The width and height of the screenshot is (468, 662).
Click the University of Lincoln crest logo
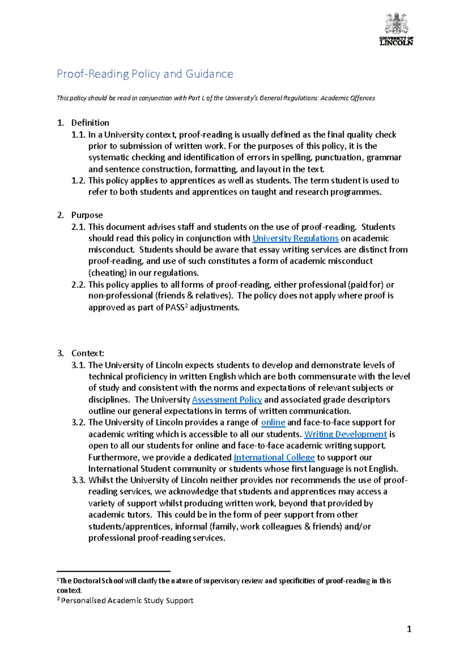click(x=396, y=28)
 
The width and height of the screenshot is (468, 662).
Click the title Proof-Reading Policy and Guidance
click(x=145, y=74)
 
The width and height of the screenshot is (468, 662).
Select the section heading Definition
click(x=90, y=123)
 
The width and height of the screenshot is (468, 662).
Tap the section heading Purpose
click(x=87, y=215)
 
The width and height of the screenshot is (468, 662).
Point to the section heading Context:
click(x=88, y=353)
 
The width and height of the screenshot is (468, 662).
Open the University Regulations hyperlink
click(x=295, y=238)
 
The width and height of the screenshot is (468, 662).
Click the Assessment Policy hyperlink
click(x=227, y=400)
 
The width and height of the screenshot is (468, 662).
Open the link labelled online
click(x=273, y=422)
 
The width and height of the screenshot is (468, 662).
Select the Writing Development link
click(x=345, y=434)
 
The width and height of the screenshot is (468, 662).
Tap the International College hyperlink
click(x=274, y=457)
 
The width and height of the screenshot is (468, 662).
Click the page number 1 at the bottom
click(x=409, y=629)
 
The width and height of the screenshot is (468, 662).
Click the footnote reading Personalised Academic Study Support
click(x=127, y=600)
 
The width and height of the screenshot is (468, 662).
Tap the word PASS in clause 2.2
click(x=174, y=308)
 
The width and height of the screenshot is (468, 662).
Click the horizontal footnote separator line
click(x=113, y=571)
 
